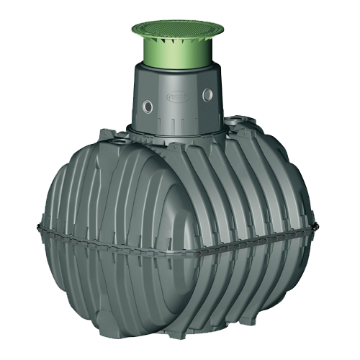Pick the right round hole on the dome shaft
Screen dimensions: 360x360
(209, 94)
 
